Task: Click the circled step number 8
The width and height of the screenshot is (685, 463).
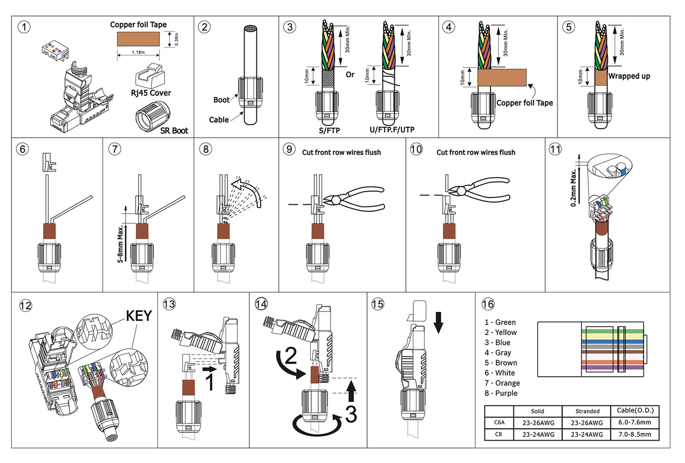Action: click(x=205, y=149)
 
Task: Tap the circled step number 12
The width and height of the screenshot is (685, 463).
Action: click(x=26, y=305)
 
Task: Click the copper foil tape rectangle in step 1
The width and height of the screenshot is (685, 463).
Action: click(x=138, y=39)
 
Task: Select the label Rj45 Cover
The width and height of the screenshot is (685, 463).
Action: click(x=151, y=93)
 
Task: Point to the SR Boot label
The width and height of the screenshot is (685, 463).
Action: click(x=174, y=131)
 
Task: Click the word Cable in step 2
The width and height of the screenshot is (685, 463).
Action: click(x=219, y=120)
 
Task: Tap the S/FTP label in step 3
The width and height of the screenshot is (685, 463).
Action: click(x=329, y=130)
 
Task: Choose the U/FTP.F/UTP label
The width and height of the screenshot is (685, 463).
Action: click(x=392, y=130)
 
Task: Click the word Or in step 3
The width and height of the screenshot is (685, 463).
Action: click(x=350, y=74)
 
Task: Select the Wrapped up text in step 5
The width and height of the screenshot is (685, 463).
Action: click(x=629, y=76)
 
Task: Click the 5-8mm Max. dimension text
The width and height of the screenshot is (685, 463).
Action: click(x=120, y=244)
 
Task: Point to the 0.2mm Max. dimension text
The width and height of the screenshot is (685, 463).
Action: click(x=574, y=188)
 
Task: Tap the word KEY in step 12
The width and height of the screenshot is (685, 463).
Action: click(x=138, y=316)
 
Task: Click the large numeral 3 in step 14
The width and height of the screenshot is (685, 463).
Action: click(x=351, y=414)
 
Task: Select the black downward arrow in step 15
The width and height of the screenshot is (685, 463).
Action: click(x=438, y=322)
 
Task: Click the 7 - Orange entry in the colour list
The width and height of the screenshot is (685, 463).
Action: click(x=502, y=383)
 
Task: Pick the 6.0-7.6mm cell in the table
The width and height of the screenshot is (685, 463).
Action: click(x=634, y=422)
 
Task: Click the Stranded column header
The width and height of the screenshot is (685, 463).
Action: click(x=587, y=411)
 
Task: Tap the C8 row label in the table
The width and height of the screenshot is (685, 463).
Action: click(x=498, y=434)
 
